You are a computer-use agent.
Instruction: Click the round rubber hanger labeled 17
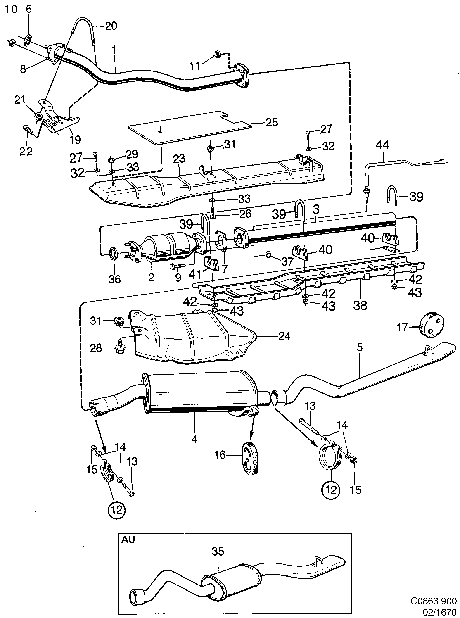pyautogui.click(x=432, y=325)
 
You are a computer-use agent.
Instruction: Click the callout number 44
pyautogui.click(x=383, y=145)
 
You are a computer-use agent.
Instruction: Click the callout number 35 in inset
pyautogui.click(x=218, y=551)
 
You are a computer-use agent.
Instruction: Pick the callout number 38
pyautogui.click(x=360, y=306)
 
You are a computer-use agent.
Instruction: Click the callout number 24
pyautogui.click(x=284, y=336)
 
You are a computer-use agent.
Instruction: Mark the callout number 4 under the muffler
pyautogui.click(x=194, y=439)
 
